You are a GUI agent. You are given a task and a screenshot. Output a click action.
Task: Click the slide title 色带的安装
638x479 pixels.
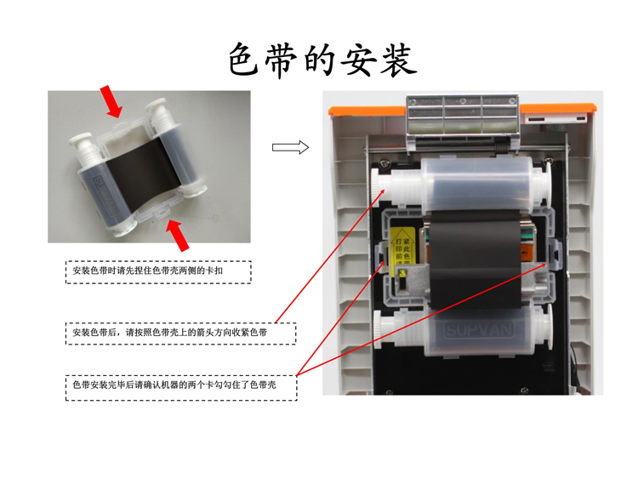pos(322,60)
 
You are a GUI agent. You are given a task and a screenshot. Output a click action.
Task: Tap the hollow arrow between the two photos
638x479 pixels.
pos(290,148)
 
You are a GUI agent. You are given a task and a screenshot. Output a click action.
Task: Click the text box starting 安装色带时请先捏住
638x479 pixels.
pos(159,271)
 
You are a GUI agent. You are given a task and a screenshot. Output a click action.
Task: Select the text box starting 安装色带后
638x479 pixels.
pos(180,332)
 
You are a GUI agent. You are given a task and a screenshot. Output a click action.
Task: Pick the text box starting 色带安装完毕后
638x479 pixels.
pos(181,386)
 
